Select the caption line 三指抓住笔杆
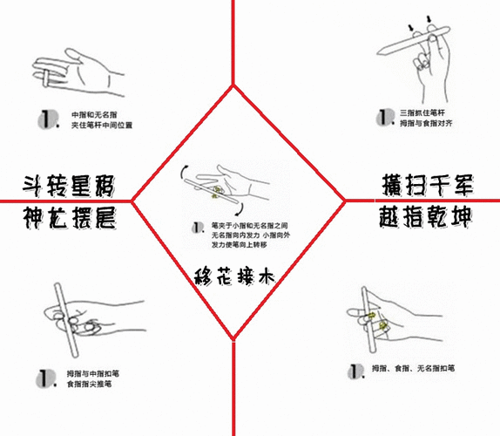coord(422,113)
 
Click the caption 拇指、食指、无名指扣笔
coord(413,368)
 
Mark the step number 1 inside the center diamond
coord(199,228)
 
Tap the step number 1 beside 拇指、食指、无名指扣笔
coord(355,371)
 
